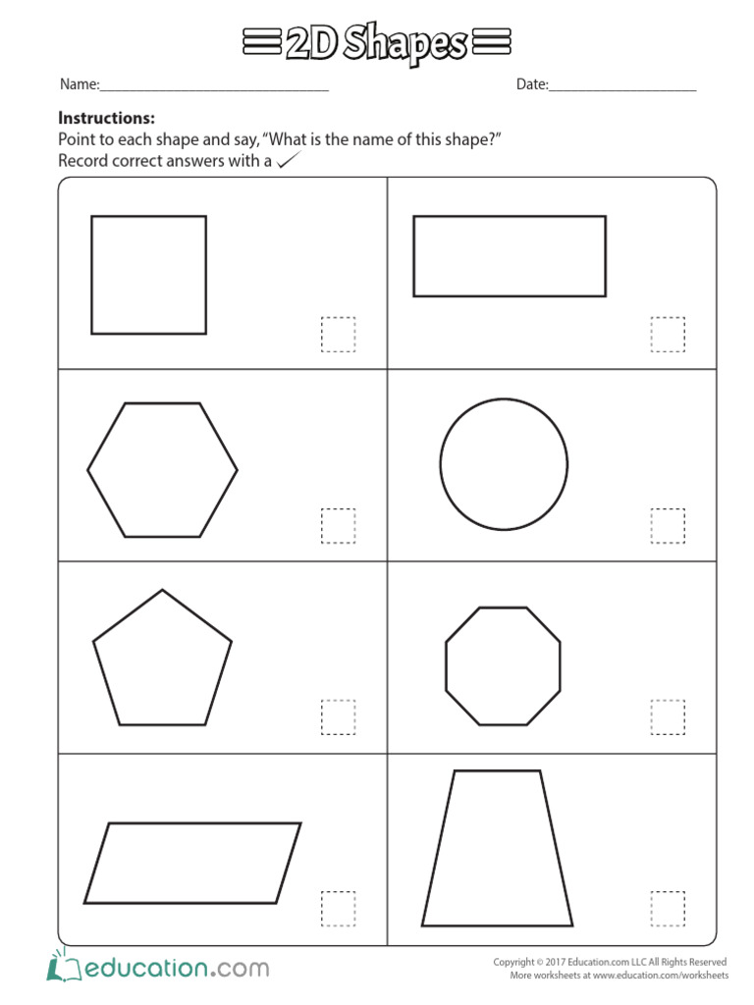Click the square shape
tap(148, 275)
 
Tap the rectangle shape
tap(510, 255)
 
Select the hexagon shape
tap(162, 470)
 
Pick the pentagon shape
tap(162, 661)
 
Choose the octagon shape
tap(503, 665)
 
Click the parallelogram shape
tap(192, 863)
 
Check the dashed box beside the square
tap(338, 335)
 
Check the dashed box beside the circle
tap(668, 526)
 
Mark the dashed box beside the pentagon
tap(338, 717)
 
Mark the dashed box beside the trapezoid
tap(668, 909)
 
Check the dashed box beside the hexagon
tap(338, 526)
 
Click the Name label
tap(80, 85)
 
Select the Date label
tap(532, 85)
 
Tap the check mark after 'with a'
tap(287, 161)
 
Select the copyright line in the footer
tap(610, 962)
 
